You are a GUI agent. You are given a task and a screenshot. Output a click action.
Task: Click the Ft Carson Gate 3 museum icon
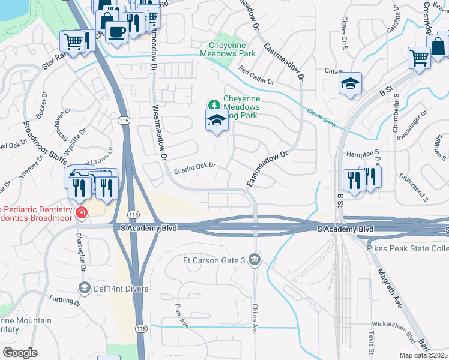click(x=255, y=260)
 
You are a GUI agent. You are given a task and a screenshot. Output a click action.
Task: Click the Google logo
click(x=19, y=352)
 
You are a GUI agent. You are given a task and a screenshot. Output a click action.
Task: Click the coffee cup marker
click(x=115, y=31)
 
